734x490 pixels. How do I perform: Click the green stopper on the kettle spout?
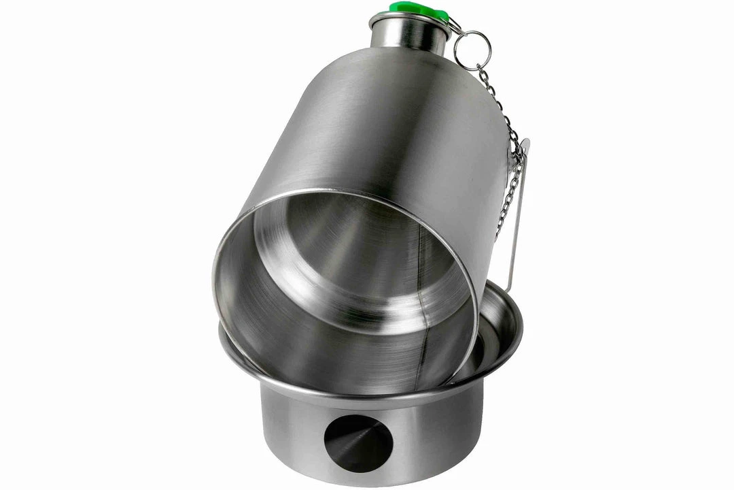click(x=415, y=9)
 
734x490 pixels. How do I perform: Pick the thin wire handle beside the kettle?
click(x=519, y=218)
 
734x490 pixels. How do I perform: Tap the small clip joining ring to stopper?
click(x=454, y=26)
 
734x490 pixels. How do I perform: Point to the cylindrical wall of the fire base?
click(x=435, y=436)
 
